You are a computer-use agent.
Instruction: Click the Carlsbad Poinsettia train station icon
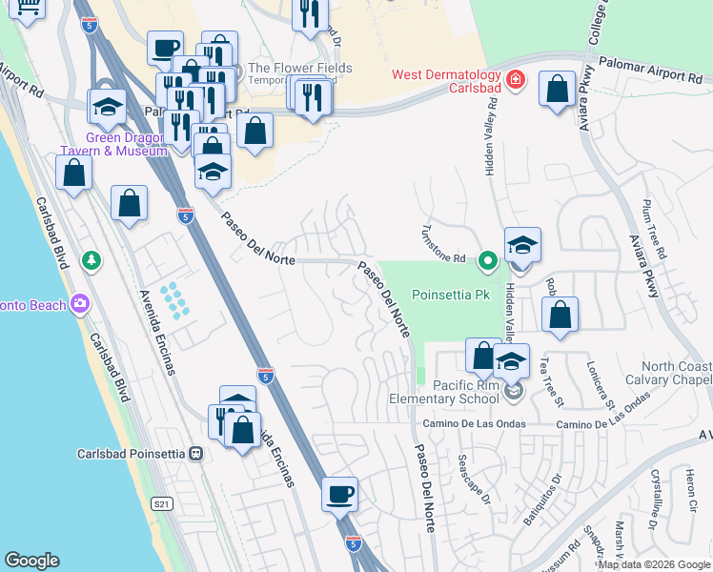tap(196, 453)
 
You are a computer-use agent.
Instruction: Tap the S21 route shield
tap(161, 502)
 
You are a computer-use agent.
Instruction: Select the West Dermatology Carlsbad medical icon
tap(516, 79)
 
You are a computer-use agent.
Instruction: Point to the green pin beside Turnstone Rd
tap(488, 258)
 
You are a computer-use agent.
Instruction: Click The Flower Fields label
tap(299, 69)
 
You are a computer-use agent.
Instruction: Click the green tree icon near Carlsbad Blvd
tap(92, 259)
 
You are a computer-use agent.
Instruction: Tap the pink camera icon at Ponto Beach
tap(80, 304)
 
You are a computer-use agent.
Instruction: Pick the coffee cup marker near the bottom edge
tap(339, 495)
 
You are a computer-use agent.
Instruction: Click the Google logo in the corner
tap(31, 560)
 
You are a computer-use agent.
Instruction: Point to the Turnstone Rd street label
tap(445, 245)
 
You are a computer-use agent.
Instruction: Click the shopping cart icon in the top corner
tap(28, 8)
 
